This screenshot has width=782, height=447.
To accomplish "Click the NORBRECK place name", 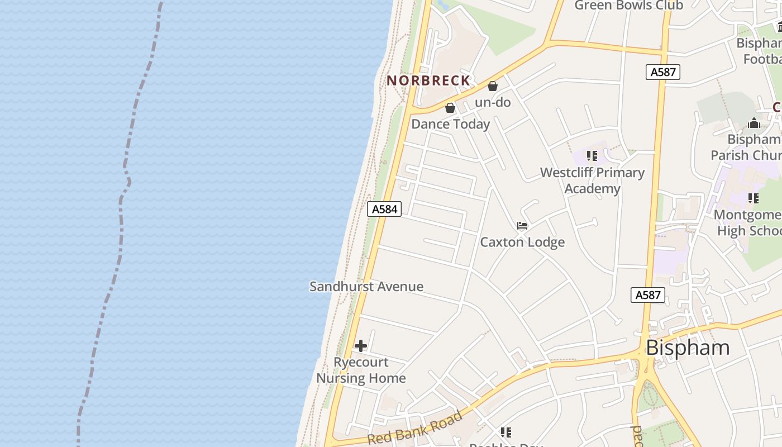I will tap(428, 80).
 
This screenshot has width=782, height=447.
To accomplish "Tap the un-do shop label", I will tap(493, 102).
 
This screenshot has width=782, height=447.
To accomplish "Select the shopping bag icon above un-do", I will tap(493, 86).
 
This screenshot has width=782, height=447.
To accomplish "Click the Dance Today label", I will tap(450, 124).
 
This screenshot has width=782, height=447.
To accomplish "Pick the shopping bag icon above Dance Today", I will tap(450, 108).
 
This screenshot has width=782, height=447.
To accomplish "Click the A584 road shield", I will tap(384, 209).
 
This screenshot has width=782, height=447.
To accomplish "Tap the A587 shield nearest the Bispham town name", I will tap(648, 295).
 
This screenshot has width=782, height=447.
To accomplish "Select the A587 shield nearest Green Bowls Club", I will tap(663, 72).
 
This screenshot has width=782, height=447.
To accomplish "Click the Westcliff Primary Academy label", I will tap(592, 180).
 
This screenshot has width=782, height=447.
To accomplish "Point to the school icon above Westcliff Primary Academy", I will tap(592, 155).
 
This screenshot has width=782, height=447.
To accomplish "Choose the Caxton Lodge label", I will tap(522, 242).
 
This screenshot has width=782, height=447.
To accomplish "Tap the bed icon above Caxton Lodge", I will tap(522, 226).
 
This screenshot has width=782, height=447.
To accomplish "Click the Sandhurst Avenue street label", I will tap(366, 287).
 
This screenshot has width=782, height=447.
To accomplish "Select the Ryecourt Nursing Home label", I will tap(361, 370).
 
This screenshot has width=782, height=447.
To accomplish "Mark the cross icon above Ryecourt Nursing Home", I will tap(361, 346).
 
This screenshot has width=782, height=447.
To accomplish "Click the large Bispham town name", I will tap(688, 348).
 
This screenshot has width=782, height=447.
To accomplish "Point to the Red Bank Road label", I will tap(416, 428).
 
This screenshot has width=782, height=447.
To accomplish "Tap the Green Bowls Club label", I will tap(628, 6).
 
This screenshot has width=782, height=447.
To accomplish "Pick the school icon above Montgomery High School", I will tap(753, 198).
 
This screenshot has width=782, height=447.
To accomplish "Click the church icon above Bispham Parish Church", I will tap(754, 123).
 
